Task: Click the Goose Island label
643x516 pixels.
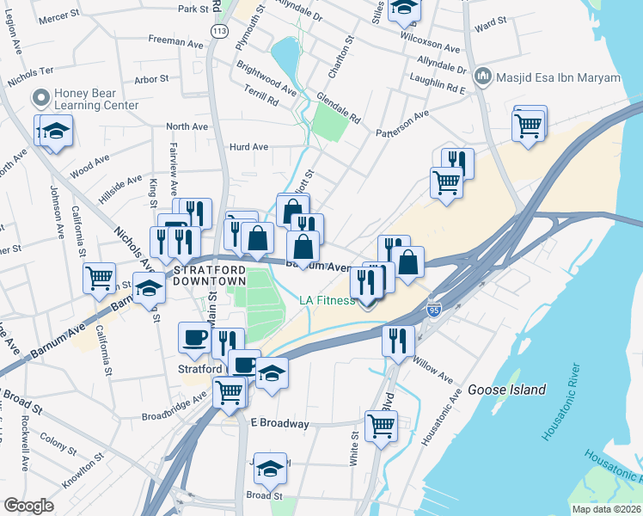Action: pos(507,390)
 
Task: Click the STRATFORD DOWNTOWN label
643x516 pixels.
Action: pos(210,275)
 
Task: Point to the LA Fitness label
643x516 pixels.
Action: pos(327,300)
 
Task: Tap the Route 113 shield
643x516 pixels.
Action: pos(221,31)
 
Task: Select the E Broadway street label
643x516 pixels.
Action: pos(279,424)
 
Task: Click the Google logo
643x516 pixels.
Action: pos(28,506)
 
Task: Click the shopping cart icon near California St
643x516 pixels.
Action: pos(99,277)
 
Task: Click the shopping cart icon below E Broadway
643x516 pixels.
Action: pos(381,424)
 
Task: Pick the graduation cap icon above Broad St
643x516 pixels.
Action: pos(270,468)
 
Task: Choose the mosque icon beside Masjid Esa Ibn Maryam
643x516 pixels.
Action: pos(482,78)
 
